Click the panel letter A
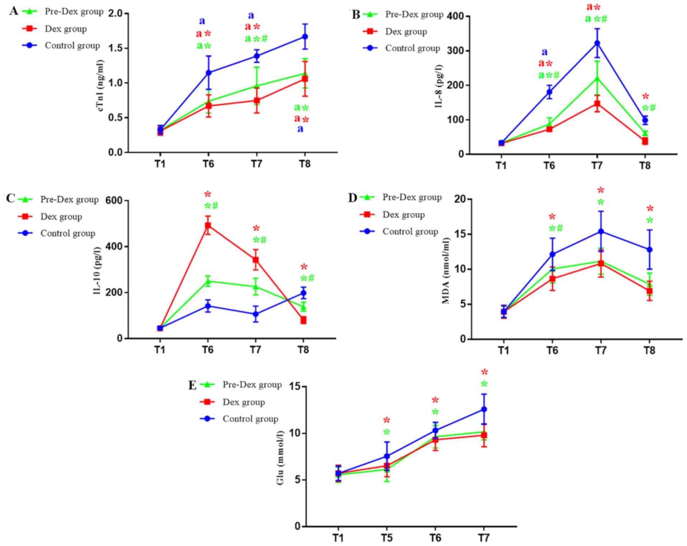coord(14,11)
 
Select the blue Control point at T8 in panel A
coord(305,37)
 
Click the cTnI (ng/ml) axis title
coord(102,83)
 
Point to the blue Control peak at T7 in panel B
coord(597,43)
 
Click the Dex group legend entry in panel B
coord(406,32)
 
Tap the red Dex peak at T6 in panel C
coord(208,226)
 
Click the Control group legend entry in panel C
coord(68,233)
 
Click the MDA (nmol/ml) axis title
coord(446,270)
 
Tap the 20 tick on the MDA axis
coord(459,199)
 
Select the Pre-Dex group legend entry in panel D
coord(412,197)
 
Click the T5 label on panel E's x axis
coord(386,538)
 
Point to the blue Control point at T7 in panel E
coord(484,409)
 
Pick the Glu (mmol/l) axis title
coord(280,457)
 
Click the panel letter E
coord(192,385)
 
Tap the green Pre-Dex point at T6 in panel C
coord(208,281)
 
